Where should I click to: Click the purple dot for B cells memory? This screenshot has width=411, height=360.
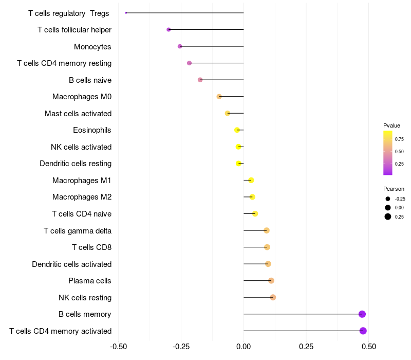[362, 314]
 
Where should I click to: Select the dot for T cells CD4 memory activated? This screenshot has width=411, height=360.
[363, 331]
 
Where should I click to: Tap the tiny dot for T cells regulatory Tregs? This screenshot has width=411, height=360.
[126, 13]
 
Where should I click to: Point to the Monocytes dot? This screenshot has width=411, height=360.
[180, 46]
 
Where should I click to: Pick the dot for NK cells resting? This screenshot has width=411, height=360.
[273, 297]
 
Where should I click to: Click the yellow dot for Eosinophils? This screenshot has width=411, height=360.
[237, 130]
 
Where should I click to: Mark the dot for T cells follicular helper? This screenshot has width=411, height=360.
[169, 30]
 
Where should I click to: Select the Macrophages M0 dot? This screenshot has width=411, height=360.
[219, 97]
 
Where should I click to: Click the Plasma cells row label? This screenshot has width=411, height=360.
[90, 281]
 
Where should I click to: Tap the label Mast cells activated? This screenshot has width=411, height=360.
[78, 114]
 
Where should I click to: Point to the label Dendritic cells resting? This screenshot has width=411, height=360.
[76, 164]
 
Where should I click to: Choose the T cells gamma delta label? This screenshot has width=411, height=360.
[78, 231]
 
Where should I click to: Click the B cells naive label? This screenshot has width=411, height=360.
[90, 80]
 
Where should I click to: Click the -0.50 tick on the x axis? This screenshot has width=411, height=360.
[119, 346]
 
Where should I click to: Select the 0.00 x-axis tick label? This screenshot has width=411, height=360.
[244, 346]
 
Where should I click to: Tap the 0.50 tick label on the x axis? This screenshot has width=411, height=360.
[368, 346]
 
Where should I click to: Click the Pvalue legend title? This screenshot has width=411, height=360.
[391, 125]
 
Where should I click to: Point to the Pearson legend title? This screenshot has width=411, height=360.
[394, 189]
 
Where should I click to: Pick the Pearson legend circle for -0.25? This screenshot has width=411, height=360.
[388, 199]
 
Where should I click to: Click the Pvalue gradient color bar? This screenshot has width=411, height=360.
[388, 153]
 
